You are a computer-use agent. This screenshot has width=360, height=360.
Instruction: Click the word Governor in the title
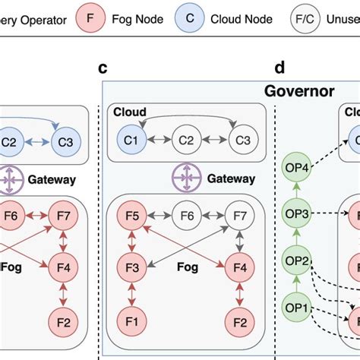tap(299, 91)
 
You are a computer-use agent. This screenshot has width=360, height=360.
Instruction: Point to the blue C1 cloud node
tap(131, 140)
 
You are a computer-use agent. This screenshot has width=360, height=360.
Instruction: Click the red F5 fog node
tap(131, 215)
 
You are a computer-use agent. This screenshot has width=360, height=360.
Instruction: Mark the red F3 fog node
tap(131, 267)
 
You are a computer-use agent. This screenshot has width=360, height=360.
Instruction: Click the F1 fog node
tap(131, 321)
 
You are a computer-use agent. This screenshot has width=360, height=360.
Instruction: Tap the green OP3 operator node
tap(297, 214)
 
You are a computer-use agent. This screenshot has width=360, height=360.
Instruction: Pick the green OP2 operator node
tap(297, 262)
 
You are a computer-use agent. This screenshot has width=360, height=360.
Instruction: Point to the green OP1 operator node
tap(297, 309)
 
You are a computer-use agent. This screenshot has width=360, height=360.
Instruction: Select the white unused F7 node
tap(239, 215)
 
